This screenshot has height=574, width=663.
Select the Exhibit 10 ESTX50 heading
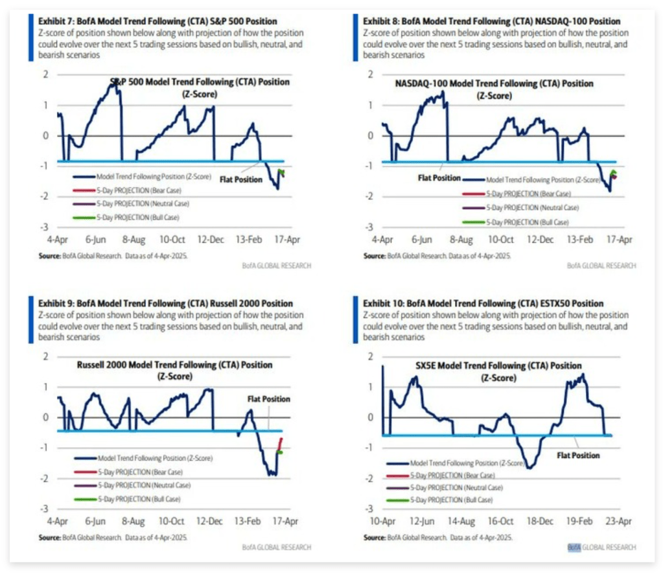tap(483, 303)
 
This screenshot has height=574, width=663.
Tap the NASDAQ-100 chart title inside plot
tap(494, 84)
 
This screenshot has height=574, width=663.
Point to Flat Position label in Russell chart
tap(268, 399)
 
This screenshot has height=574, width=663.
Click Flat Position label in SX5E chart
tap(578, 455)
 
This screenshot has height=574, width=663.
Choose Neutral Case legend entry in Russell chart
tap(143, 485)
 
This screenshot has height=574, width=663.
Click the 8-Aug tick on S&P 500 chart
tap(134, 240)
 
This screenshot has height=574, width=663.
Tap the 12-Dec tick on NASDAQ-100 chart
tap(540, 240)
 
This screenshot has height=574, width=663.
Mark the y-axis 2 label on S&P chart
tap(46, 75)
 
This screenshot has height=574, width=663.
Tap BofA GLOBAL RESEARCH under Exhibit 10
tap(601, 547)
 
